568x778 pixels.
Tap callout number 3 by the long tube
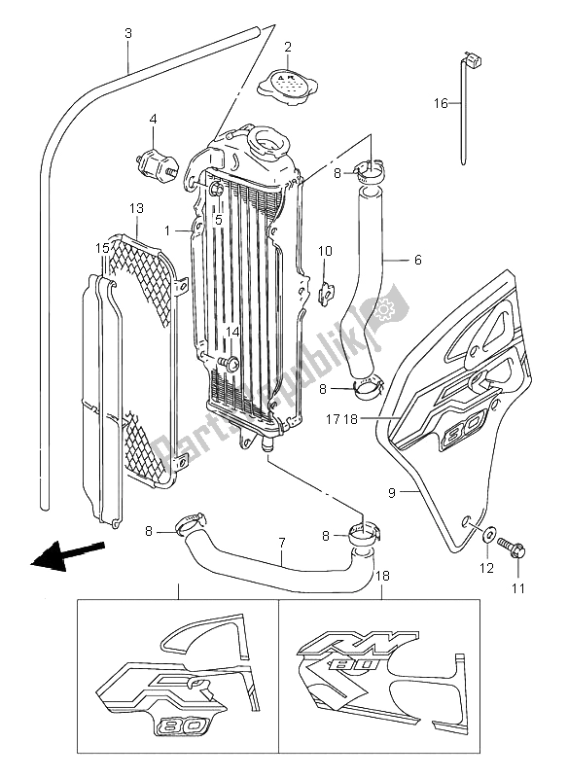[x=127, y=34]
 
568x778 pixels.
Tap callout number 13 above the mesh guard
[x=135, y=208]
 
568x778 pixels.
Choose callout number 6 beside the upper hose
[x=417, y=260]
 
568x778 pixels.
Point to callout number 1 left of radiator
[x=168, y=230]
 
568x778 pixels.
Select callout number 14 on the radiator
[x=231, y=333]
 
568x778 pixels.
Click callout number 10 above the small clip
[x=326, y=251]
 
